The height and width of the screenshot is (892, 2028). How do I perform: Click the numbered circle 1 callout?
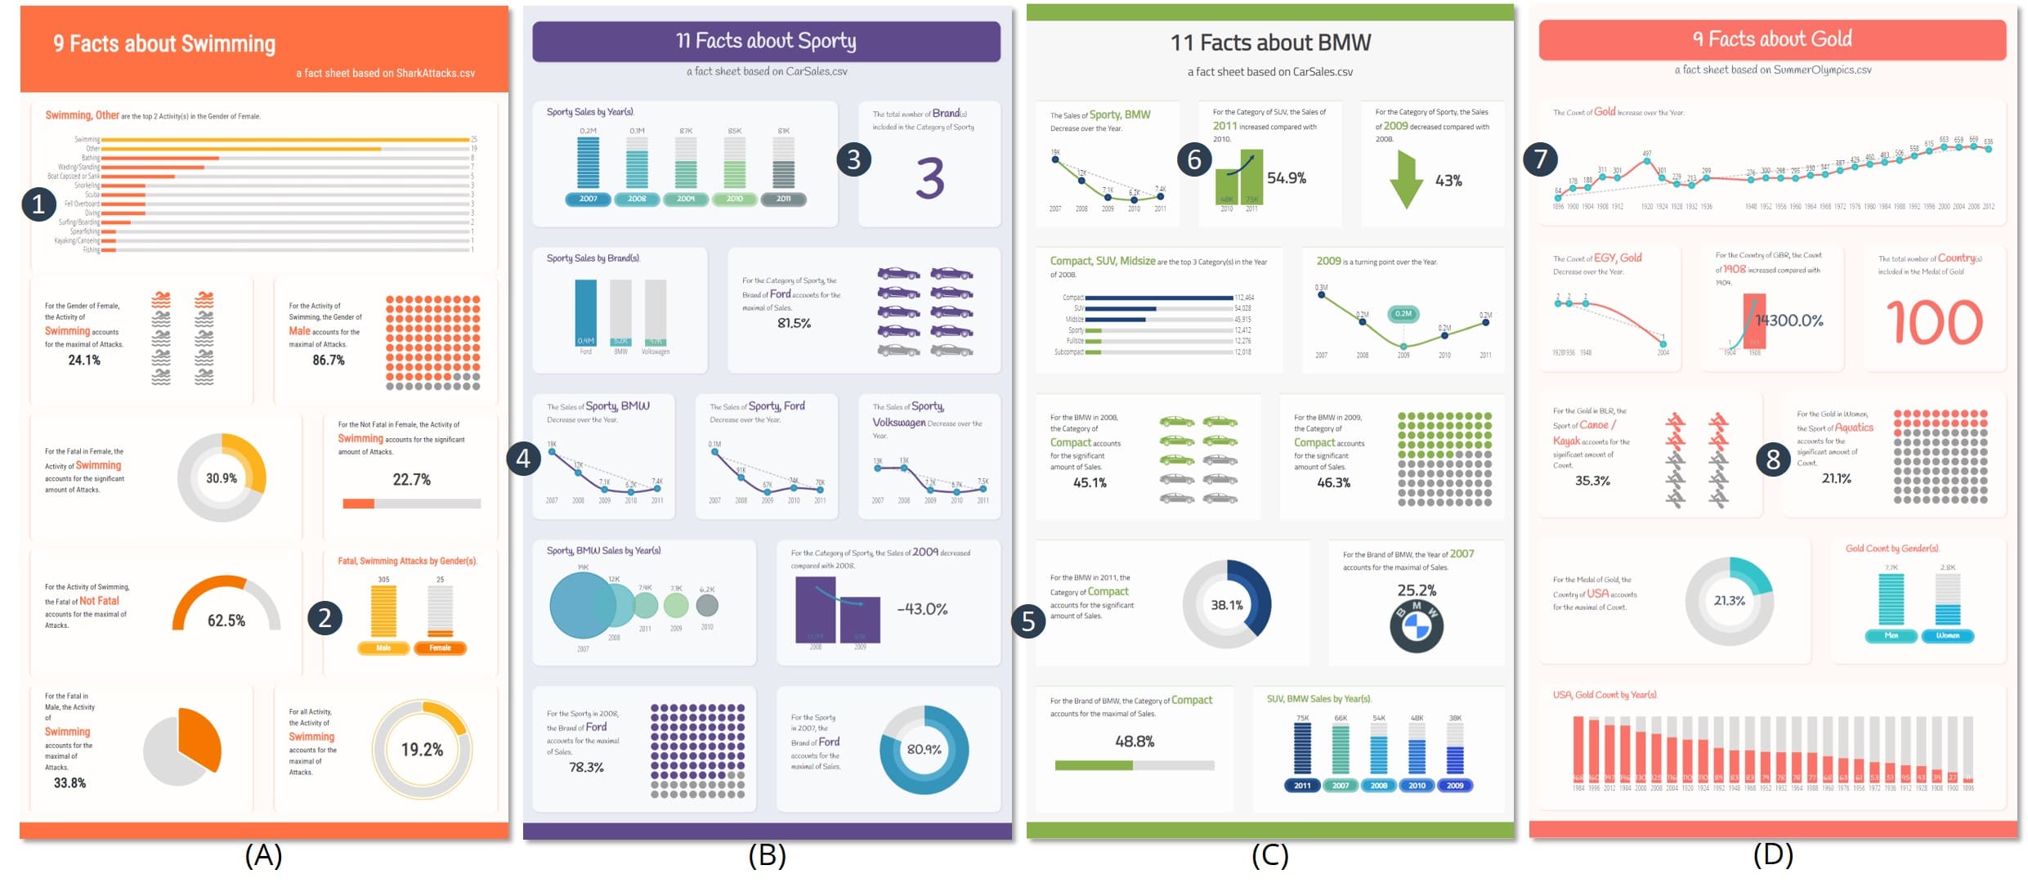pos(38,204)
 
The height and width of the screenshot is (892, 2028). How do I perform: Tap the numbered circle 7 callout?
pos(1540,159)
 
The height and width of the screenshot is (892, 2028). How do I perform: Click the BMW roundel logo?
pos(1416,626)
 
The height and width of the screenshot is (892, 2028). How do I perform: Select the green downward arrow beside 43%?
pos(1406,180)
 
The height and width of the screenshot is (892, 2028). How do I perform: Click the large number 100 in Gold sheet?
pos(1934,323)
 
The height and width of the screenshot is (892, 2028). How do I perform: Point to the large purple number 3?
pos(930,178)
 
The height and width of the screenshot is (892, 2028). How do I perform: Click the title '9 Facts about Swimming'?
pos(164,43)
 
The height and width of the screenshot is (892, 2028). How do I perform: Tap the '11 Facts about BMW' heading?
pos(1269,43)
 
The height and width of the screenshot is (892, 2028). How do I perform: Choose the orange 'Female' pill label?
pos(440,648)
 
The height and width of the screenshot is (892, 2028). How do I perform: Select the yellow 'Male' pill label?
pos(383,648)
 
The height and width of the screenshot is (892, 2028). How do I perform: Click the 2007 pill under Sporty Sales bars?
pos(588,199)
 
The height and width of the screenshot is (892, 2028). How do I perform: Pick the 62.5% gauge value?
pos(226,621)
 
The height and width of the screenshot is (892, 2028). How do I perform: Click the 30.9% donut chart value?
pos(222,478)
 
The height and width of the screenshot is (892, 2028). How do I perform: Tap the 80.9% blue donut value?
pos(924,749)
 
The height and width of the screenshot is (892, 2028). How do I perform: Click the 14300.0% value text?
pos(1788,320)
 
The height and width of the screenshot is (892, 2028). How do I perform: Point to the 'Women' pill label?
pos(1947,635)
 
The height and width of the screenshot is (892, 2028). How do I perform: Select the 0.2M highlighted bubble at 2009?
pos(1403,314)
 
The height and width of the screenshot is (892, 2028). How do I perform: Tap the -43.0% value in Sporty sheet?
pos(922,609)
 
